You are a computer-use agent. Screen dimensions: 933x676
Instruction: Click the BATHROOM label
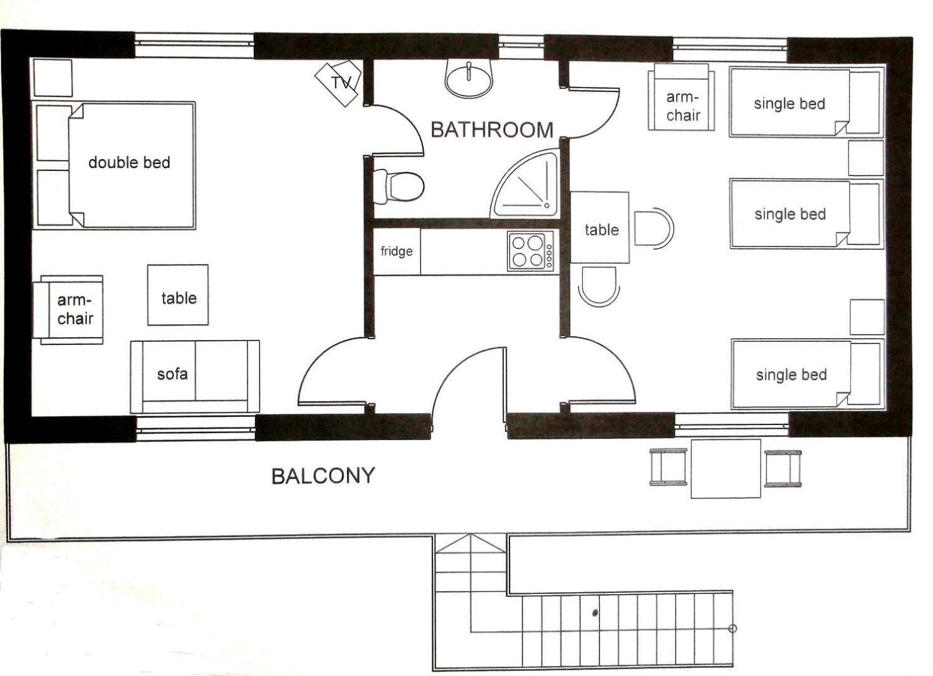492,130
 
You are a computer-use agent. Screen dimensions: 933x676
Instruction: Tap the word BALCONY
323,476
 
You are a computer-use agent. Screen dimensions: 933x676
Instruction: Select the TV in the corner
338,83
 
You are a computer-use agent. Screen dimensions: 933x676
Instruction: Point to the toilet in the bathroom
399,187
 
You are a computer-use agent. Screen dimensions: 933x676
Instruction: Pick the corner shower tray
524,183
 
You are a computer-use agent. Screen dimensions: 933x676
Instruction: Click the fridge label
397,251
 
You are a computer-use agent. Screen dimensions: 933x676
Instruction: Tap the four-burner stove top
531,251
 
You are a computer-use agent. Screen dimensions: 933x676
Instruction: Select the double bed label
129,162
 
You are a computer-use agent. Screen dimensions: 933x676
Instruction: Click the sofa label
172,374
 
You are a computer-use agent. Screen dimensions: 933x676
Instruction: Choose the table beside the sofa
178,295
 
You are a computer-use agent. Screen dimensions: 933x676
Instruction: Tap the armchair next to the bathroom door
682,97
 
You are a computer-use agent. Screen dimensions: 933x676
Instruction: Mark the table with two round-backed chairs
600,227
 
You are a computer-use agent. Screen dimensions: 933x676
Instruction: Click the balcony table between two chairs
726,468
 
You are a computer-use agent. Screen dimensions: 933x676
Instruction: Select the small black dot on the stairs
595,613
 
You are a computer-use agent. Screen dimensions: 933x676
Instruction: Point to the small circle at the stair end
732,628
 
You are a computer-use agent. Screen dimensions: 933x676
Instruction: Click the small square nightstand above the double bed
53,78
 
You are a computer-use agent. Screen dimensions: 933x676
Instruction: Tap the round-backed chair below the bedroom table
599,286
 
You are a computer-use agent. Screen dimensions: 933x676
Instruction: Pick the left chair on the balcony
668,467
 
